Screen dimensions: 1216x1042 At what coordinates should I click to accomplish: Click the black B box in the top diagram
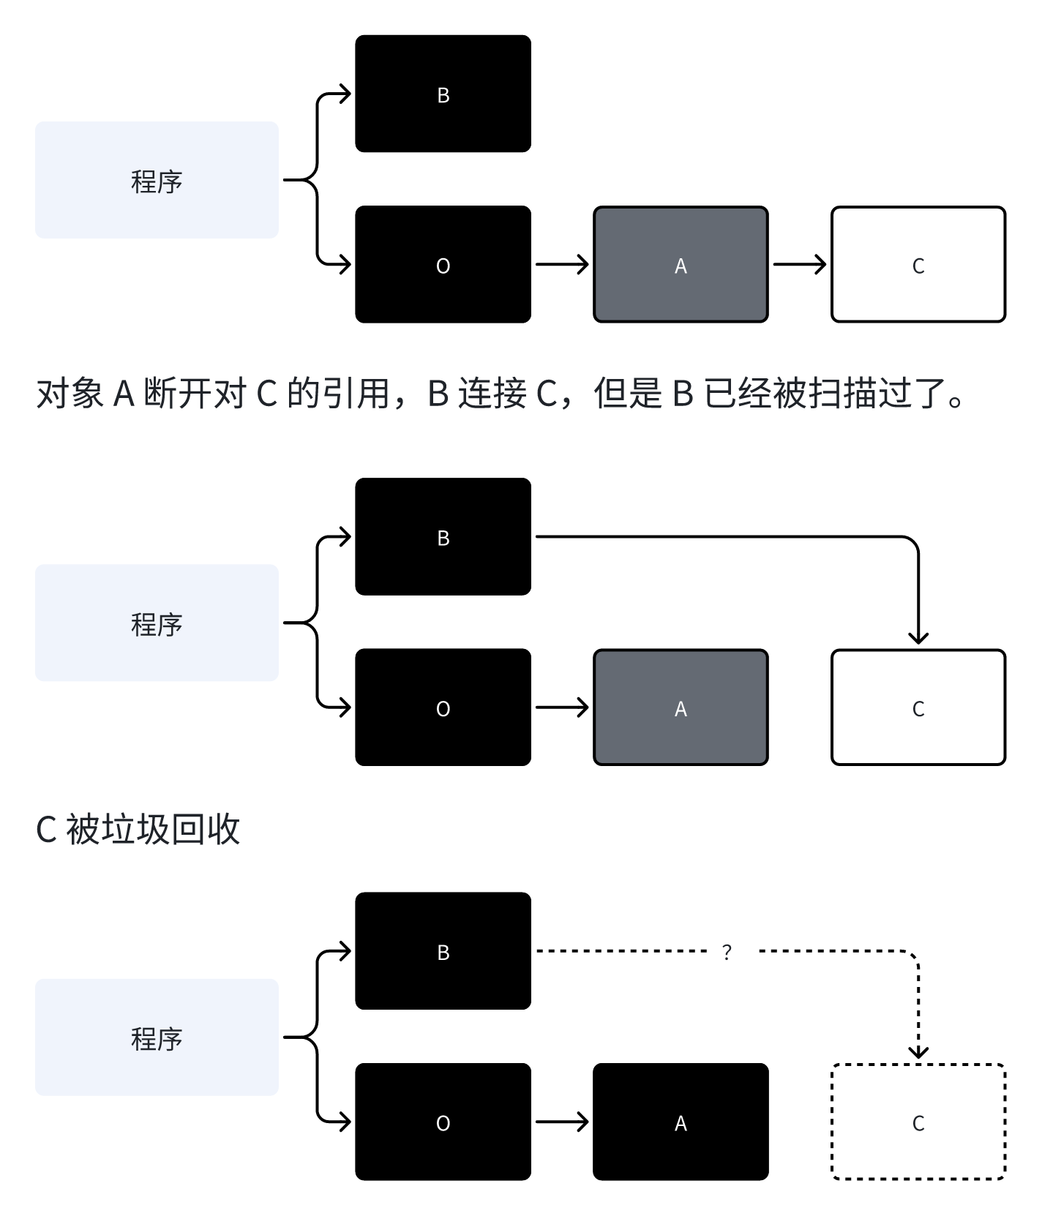[443, 94]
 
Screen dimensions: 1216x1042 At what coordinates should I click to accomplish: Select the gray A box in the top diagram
[681, 264]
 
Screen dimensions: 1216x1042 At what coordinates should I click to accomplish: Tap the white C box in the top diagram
[918, 264]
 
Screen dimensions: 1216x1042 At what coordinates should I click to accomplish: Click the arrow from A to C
[799, 264]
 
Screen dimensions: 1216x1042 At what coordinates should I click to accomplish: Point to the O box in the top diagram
[443, 264]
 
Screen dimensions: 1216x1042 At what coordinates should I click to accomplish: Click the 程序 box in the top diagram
[157, 180]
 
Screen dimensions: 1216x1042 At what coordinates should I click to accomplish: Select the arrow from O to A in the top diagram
[561, 264]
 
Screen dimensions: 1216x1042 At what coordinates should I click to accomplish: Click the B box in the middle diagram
[443, 536]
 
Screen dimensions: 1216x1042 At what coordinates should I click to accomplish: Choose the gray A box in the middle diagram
[681, 707]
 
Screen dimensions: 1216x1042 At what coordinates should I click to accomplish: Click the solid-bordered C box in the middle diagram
[918, 707]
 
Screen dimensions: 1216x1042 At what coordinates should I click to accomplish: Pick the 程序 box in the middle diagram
[157, 623]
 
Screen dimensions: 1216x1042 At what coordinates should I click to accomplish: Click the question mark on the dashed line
[727, 952]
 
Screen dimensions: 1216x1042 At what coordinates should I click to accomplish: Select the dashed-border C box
[918, 1122]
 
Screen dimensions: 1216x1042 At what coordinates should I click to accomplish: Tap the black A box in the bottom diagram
[681, 1122]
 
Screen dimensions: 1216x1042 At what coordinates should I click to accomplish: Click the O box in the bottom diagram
[443, 1122]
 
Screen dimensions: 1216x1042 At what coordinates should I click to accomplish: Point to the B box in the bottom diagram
[443, 950]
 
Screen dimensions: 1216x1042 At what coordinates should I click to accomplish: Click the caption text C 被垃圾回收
[138, 830]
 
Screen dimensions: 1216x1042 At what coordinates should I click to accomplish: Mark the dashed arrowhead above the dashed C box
[918, 1051]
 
